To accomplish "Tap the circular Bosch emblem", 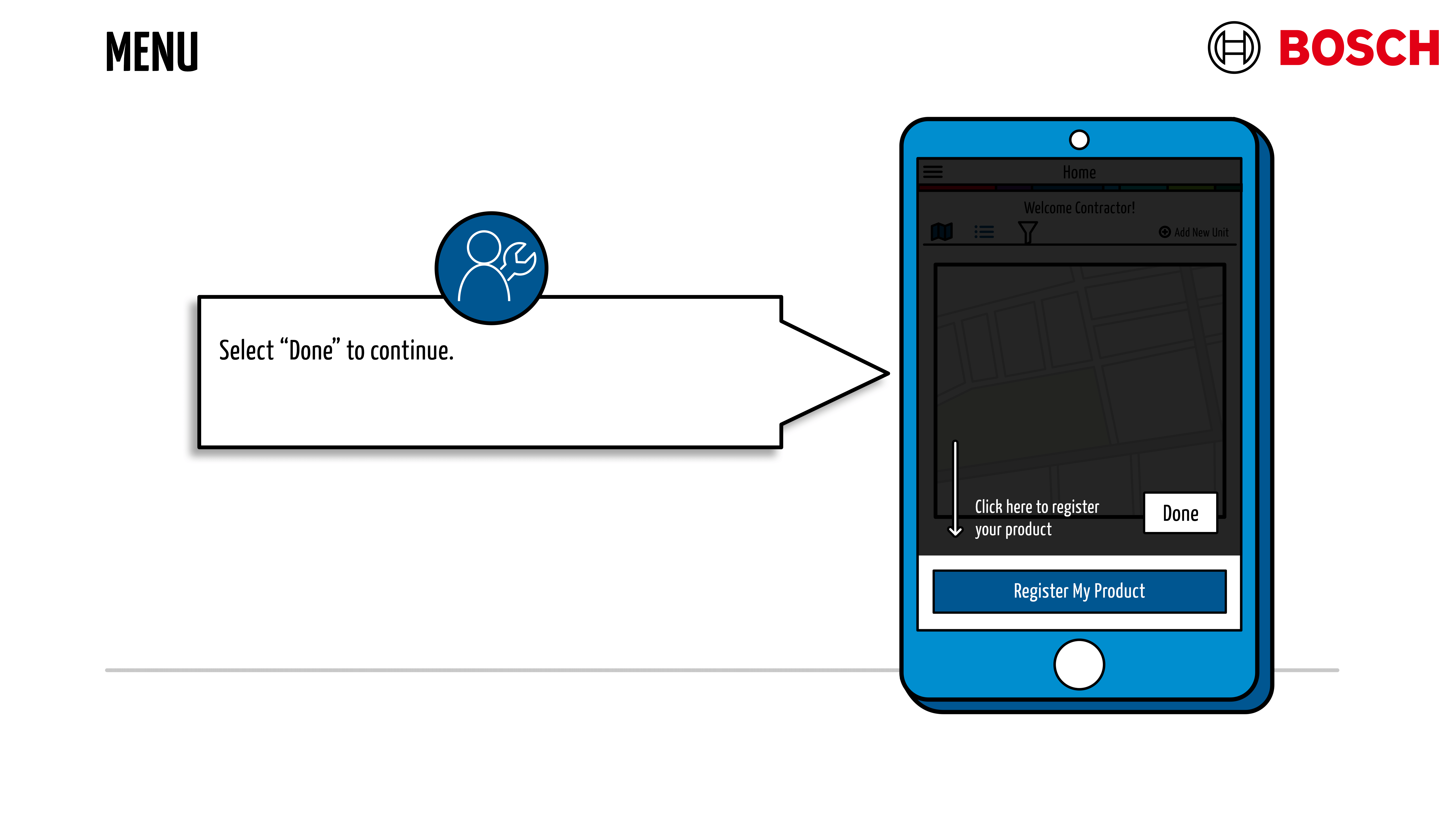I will click(x=1233, y=48).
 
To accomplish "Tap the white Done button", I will click(x=1180, y=513).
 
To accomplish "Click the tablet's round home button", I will click(x=1079, y=664).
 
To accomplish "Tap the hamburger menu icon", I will click(x=933, y=171).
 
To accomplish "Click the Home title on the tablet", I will click(x=1079, y=172).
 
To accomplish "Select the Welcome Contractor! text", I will click(x=1079, y=208).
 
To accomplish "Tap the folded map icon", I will click(x=941, y=231).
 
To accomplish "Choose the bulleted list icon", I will click(x=984, y=232).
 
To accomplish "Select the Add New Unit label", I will click(x=1201, y=232).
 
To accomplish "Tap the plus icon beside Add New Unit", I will click(x=1165, y=232).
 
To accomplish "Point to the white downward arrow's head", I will click(x=955, y=531).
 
